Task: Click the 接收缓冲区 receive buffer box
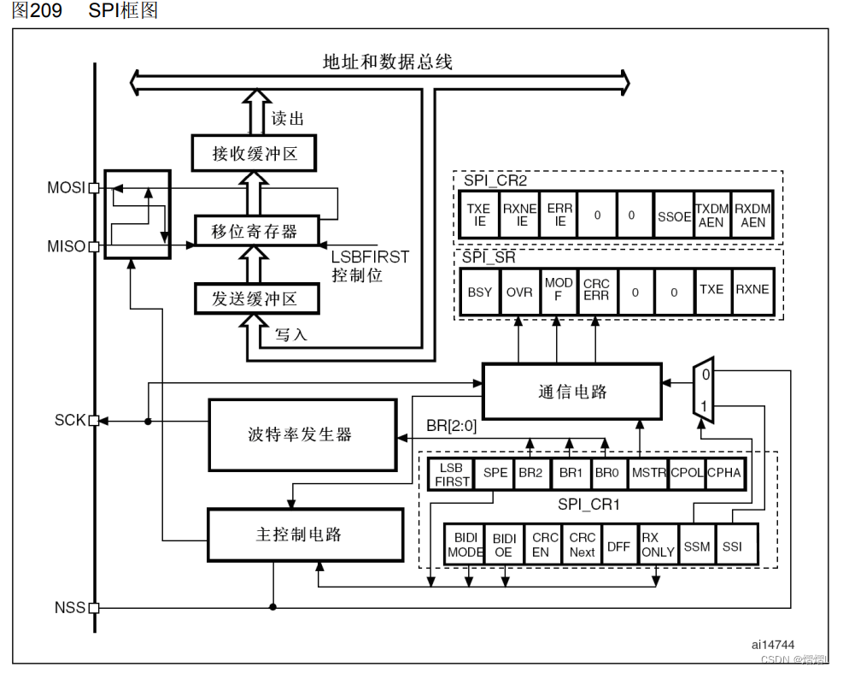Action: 254,154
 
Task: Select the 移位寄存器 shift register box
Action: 254,230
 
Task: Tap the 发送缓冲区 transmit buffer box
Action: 254,299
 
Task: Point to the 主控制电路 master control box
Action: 305,535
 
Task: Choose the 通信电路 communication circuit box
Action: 571,392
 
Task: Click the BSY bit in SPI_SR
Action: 480,292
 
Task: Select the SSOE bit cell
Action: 674,215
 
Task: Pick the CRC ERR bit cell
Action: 596,291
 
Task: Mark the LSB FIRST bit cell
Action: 451,475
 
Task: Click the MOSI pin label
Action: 66,187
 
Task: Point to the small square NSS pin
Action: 94,608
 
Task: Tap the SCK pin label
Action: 70,421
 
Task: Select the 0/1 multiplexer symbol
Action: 703,390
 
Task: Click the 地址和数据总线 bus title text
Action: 387,62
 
